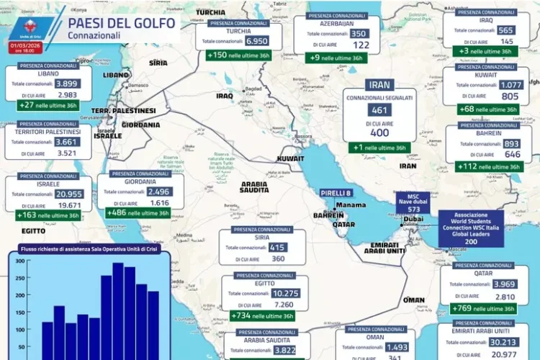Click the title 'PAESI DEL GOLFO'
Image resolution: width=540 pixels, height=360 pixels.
[121, 22]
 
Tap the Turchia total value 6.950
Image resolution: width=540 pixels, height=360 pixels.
[256, 41]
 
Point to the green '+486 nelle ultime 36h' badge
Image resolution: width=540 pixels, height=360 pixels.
[138, 213]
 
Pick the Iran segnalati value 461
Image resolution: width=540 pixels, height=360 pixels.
[379, 110]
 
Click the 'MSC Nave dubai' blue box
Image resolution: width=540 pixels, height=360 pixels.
[413, 204]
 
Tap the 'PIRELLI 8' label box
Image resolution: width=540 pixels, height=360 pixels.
[336, 193]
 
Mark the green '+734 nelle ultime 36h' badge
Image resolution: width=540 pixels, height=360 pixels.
[261, 315]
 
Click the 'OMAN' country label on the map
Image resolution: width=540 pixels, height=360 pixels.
[414, 300]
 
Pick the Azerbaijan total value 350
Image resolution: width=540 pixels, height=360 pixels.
[359, 33]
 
